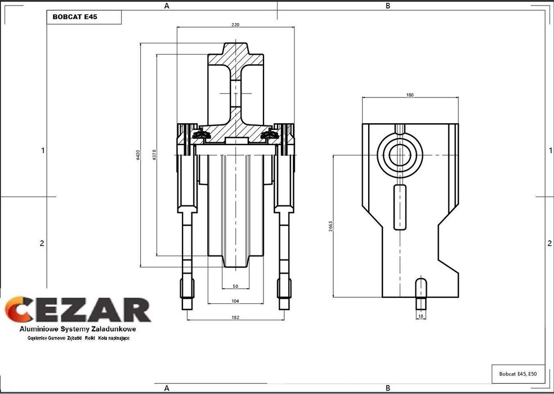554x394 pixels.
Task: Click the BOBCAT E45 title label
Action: [x=75, y=17]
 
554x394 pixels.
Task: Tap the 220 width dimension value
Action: [x=235, y=25]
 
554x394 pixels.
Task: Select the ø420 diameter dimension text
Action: [x=138, y=155]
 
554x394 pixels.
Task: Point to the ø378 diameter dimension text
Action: [x=154, y=155]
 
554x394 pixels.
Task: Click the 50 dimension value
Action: [x=235, y=286]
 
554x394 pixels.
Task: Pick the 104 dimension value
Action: [x=235, y=301]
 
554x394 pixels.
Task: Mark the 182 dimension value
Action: [x=235, y=317]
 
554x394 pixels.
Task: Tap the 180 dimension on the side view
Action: [x=410, y=95]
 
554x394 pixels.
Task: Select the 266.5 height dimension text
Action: [x=330, y=226]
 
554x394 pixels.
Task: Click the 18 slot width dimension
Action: [x=421, y=316]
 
